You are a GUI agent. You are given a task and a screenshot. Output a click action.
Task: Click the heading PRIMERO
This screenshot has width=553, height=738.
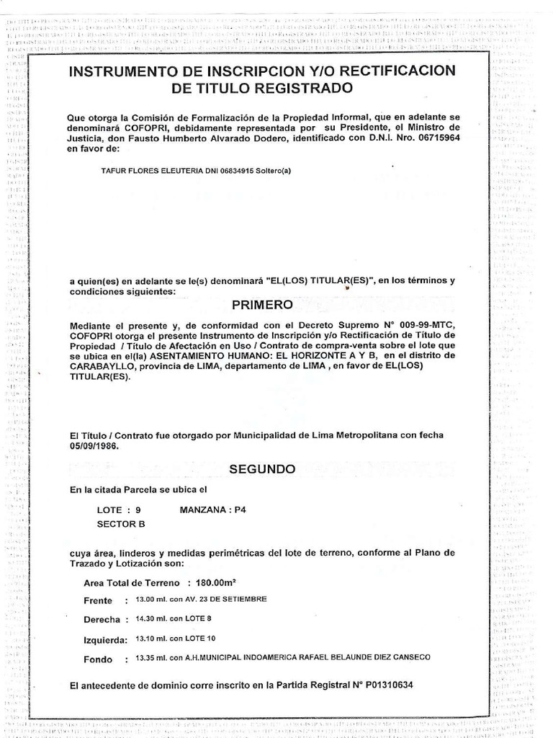point(261,305)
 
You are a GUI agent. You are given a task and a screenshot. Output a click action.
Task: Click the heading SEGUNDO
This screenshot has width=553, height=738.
point(262,468)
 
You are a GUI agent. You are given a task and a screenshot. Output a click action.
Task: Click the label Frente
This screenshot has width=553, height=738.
point(98,600)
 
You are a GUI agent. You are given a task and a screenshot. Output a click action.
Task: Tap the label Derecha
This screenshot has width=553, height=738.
point(101,619)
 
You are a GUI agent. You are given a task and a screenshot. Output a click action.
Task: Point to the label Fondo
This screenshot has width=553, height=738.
point(98,659)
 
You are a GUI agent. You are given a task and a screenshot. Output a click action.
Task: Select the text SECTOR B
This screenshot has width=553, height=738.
point(121,524)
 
